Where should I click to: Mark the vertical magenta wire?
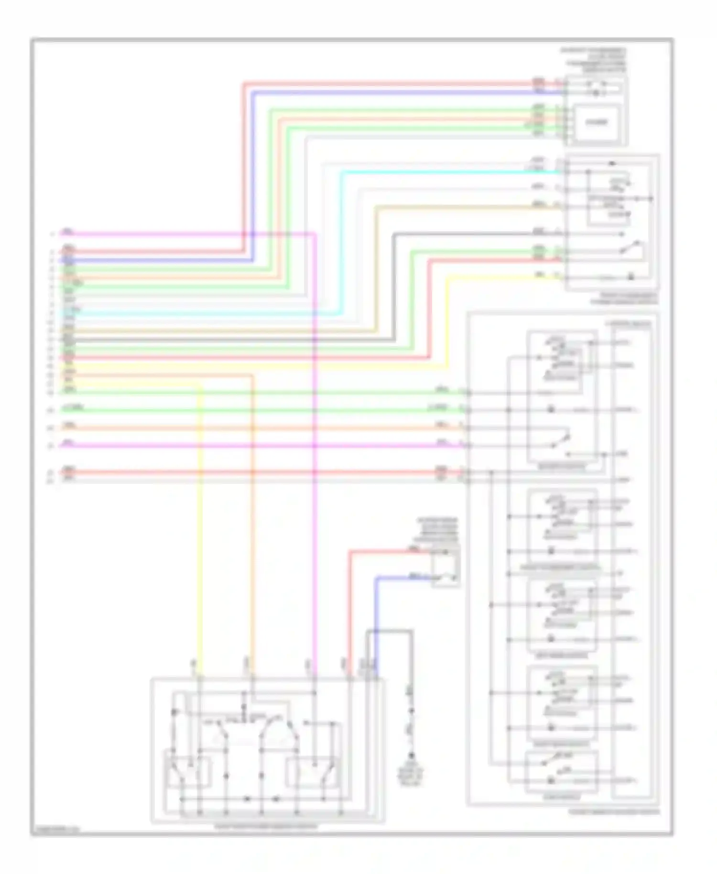point(315,526)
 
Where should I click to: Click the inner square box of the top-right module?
point(597,122)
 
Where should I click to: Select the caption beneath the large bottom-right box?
point(614,812)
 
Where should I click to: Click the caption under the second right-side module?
point(624,299)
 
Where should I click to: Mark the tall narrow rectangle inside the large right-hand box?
point(631,564)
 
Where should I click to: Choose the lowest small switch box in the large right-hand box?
point(561,772)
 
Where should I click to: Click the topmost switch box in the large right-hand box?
point(562,397)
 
